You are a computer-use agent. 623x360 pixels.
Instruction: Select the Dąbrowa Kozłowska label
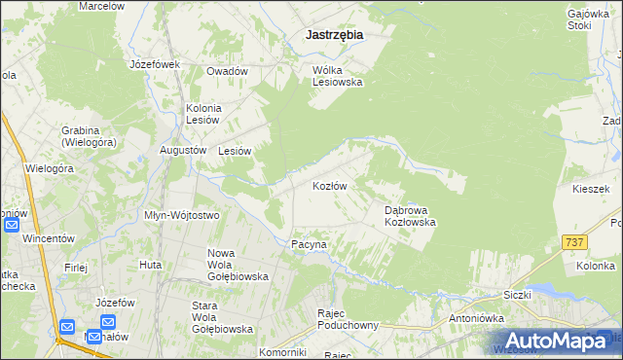409,215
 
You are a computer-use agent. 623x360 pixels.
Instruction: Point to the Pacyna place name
309,244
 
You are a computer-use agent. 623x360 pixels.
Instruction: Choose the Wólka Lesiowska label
337,76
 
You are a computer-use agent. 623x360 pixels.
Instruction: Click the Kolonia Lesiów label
204,113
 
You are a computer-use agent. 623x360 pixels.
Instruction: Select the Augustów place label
183,151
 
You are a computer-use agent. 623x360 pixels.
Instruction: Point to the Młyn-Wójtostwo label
182,214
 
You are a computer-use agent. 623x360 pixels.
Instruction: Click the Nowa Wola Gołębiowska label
238,265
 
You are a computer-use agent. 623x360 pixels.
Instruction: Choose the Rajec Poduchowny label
348,319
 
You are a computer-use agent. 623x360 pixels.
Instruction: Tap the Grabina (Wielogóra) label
88,135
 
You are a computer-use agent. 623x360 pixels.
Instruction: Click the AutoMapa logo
549,340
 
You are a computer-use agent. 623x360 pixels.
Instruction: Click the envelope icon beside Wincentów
12,225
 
